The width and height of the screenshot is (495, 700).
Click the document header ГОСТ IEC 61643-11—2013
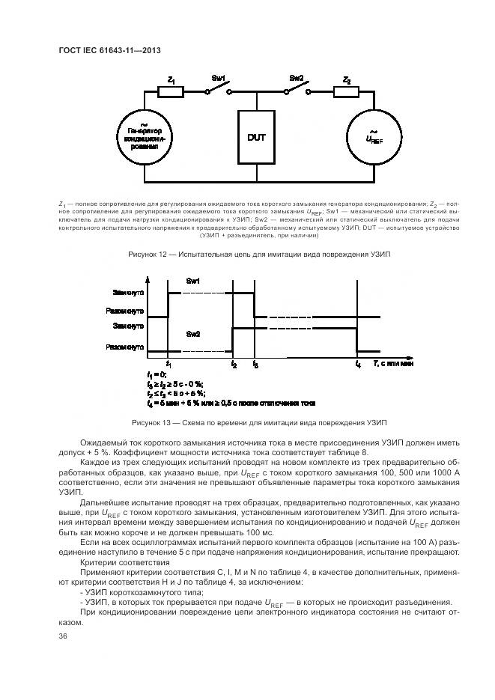point(110,51)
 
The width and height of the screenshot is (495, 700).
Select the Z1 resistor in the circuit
point(171,92)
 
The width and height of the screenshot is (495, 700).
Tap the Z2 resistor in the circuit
point(345,92)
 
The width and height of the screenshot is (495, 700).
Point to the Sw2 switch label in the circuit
point(297,79)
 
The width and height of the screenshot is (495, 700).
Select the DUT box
point(257,138)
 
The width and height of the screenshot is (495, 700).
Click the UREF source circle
point(374,138)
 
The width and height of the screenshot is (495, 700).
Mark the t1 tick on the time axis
point(168,364)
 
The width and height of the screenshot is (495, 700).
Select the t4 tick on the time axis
point(357,364)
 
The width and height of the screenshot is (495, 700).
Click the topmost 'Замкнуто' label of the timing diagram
point(128,291)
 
